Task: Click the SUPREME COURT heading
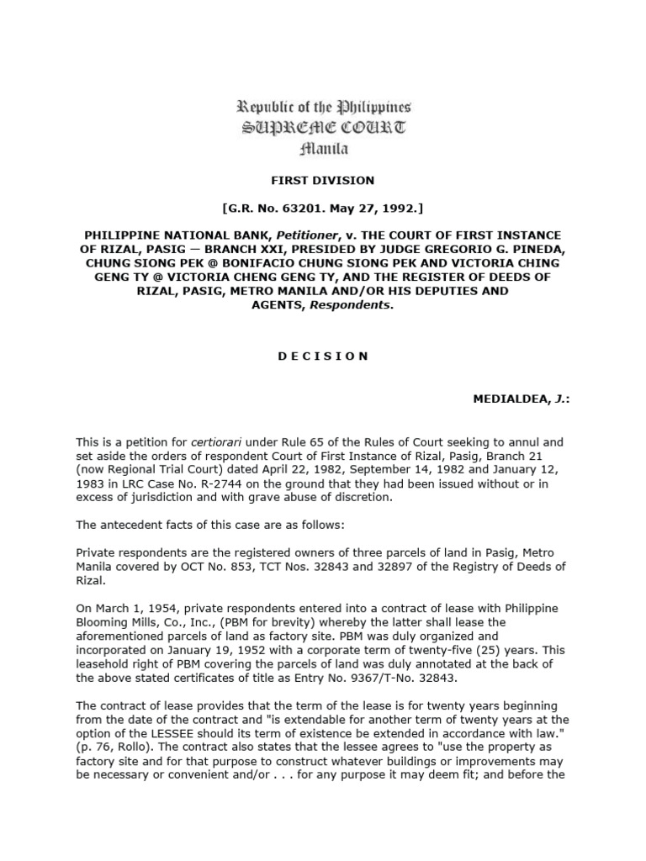click(x=324, y=129)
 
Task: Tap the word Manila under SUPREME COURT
click(x=324, y=149)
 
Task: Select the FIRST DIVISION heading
click(x=324, y=181)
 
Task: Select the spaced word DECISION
click(x=324, y=356)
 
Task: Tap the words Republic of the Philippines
click(x=324, y=108)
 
